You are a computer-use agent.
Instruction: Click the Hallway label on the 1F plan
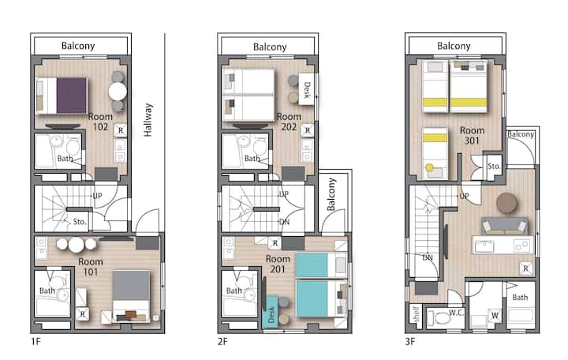(148, 120)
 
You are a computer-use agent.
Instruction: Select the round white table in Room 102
(118, 91)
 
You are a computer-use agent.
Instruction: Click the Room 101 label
(91, 267)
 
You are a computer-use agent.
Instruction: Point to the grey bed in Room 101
(131, 295)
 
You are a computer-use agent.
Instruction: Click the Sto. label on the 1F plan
(80, 222)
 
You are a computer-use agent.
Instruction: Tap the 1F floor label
(35, 341)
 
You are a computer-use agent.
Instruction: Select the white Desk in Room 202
(306, 89)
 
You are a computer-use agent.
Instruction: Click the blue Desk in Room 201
(271, 313)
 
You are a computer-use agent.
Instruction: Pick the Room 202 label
(289, 122)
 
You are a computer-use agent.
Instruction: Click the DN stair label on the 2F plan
(284, 222)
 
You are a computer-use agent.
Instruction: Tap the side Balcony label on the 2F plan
(331, 194)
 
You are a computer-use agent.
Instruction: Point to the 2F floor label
(222, 341)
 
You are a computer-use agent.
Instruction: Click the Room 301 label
(472, 135)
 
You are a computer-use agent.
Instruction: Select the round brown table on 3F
(506, 203)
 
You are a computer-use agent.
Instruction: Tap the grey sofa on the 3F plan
(504, 226)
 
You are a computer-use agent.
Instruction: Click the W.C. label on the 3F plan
(456, 313)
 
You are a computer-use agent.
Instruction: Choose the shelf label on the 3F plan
(416, 314)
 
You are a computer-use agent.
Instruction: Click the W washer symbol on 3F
(495, 316)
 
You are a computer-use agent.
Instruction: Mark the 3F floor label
(410, 341)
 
